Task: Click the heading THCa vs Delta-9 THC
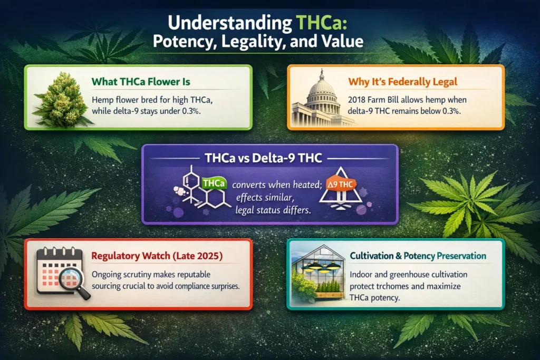tap(269, 158)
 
